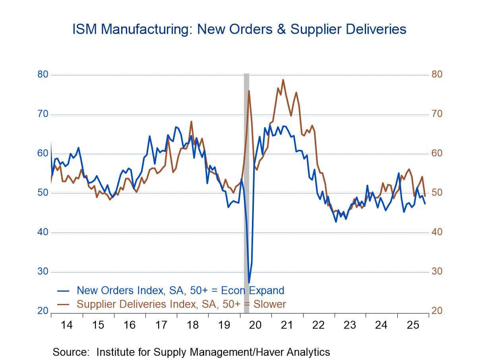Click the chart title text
(239, 29)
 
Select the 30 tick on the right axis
(437, 272)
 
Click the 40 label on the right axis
(437, 232)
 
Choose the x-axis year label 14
(67, 325)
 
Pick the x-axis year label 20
(255, 325)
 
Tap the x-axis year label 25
(413, 325)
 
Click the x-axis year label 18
(193, 325)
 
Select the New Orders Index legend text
(180, 290)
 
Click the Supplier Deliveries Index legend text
(181, 304)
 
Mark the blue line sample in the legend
(64, 290)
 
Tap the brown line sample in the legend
(64, 304)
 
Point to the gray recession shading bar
(246, 179)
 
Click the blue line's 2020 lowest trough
(249, 283)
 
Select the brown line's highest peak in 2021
(283, 80)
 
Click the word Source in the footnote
(70, 352)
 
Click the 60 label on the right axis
(437, 153)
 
